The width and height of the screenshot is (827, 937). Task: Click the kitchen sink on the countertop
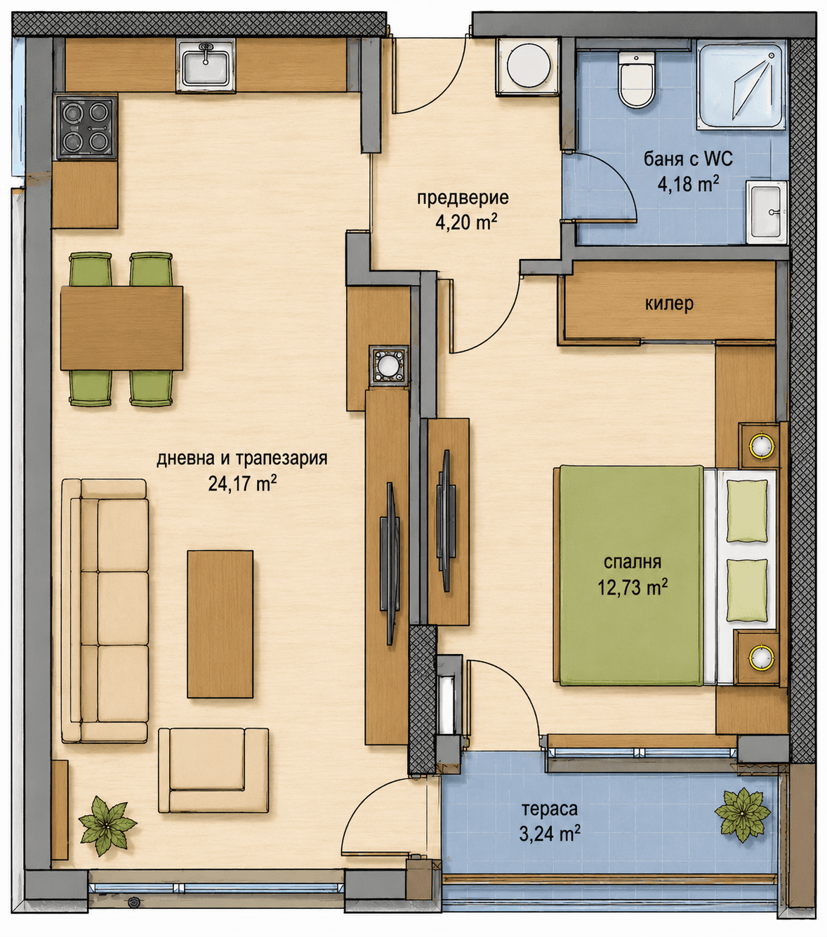pyautogui.click(x=206, y=65)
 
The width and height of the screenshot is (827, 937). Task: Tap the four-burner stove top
pyautogui.click(x=86, y=127)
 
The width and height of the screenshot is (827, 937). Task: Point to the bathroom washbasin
pyautogui.click(x=767, y=212)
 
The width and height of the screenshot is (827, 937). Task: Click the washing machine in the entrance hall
pyautogui.click(x=529, y=67)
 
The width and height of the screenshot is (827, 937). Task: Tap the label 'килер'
pyautogui.click(x=669, y=304)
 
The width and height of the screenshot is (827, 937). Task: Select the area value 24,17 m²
pyautogui.click(x=242, y=484)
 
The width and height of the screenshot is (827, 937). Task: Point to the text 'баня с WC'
pyautogui.click(x=688, y=159)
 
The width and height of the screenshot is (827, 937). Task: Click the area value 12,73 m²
pyautogui.click(x=633, y=588)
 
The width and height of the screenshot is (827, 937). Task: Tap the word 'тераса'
pyautogui.click(x=550, y=809)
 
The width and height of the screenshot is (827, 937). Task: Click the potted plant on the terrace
pyautogui.click(x=742, y=816)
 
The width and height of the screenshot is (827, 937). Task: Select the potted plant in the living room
pyautogui.click(x=107, y=825)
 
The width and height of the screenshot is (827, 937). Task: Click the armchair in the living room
pyautogui.click(x=213, y=771)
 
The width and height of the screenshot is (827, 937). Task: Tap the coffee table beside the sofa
pyautogui.click(x=220, y=624)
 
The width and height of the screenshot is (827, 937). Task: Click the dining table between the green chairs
pyautogui.click(x=121, y=328)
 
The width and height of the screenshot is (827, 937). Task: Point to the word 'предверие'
pyautogui.click(x=463, y=198)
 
